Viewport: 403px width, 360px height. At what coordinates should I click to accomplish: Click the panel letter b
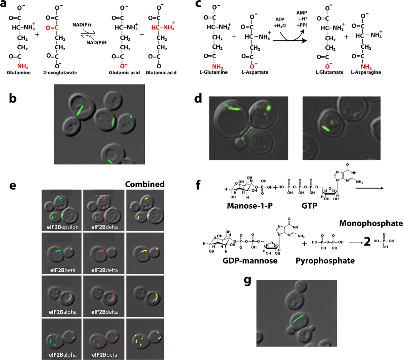click(x=12, y=98)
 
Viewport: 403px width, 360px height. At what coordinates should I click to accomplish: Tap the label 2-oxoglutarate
click(x=60, y=72)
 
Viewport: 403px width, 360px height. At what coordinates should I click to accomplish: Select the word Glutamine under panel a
click(x=19, y=72)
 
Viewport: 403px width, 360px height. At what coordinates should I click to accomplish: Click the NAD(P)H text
click(x=96, y=42)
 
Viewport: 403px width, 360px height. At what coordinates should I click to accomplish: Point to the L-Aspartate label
click(x=255, y=72)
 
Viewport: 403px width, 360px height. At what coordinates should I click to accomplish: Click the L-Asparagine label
click(x=366, y=72)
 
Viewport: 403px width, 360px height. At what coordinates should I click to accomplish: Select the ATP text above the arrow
click(x=280, y=19)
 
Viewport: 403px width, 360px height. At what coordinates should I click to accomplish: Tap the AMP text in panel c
click(x=302, y=13)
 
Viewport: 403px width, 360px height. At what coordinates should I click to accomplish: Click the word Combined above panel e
click(x=145, y=184)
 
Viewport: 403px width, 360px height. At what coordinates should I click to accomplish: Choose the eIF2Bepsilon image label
click(x=62, y=227)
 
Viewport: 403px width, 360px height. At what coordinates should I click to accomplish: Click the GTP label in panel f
click(x=309, y=205)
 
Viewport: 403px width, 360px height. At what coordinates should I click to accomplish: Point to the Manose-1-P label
click(x=250, y=205)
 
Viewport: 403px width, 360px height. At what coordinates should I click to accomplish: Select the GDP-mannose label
click(x=250, y=261)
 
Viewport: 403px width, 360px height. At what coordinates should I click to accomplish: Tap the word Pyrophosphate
click(x=325, y=261)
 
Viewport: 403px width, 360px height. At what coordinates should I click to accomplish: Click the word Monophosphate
click(x=371, y=223)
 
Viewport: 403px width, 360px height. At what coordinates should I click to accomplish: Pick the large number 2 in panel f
click(x=367, y=241)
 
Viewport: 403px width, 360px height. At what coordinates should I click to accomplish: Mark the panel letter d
click(x=198, y=98)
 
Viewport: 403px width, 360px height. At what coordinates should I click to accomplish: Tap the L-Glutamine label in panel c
click(x=213, y=72)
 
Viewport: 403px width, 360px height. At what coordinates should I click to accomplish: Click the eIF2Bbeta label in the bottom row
click(x=104, y=355)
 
